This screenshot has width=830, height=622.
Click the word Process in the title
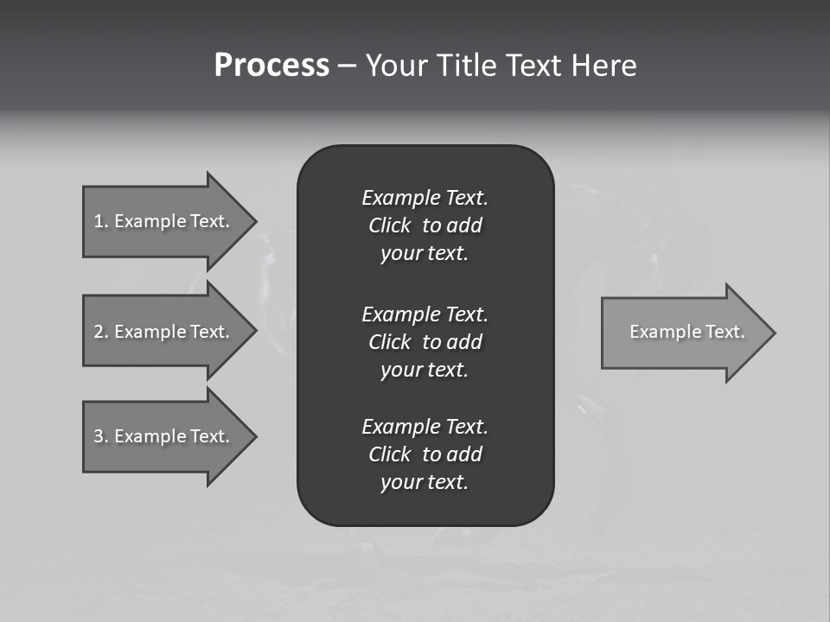[271, 66]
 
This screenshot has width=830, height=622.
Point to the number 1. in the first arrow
[101, 221]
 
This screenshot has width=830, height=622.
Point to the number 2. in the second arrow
[101, 332]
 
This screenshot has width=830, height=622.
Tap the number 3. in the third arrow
[101, 436]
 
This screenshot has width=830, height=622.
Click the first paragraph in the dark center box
[425, 225]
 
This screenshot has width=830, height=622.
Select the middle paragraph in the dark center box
[425, 341]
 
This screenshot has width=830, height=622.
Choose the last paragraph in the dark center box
[425, 454]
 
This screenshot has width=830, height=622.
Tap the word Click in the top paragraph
[390, 225]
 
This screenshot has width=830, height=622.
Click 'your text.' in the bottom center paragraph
[425, 483]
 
